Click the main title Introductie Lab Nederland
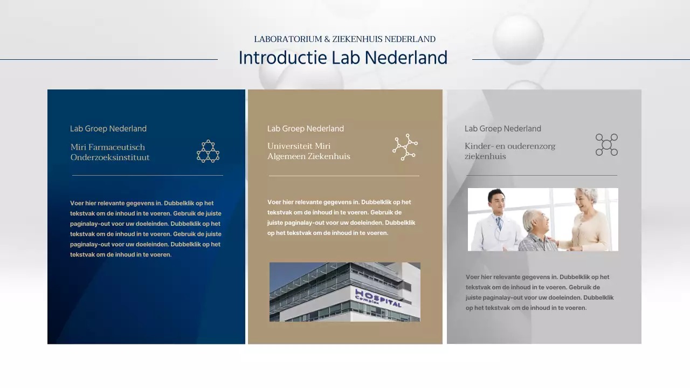[x=343, y=58]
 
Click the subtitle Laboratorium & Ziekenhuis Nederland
[x=344, y=39]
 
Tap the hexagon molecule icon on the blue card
[x=208, y=151]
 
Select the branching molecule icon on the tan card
[x=405, y=147]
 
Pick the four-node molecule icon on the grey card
[x=606, y=145]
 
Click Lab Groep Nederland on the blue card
[x=108, y=129]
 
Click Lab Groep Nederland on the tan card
[x=306, y=129]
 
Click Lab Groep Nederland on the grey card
[x=503, y=129]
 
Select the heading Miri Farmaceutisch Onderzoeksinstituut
[x=110, y=152]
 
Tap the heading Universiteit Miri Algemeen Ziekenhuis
[x=308, y=151]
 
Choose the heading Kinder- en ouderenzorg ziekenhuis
[x=509, y=151]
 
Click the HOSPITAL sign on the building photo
[x=378, y=298]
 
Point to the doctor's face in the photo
[x=496, y=202]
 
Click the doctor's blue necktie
[x=499, y=223]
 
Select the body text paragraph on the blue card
[x=146, y=228]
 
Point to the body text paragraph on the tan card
[x=341, y=217]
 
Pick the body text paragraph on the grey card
[x=539, y=292]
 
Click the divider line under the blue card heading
[x=147, y=175]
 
